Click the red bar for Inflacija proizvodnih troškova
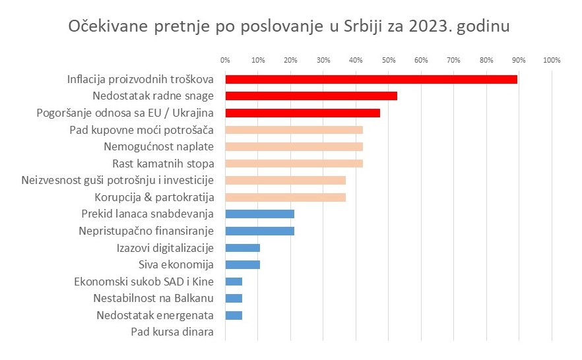(371, 79)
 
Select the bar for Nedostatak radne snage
(311, 96)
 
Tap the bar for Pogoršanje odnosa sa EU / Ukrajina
(302, 113)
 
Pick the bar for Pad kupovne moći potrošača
(294, 130)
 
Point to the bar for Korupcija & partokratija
(285, 197)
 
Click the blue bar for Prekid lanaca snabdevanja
(259, 214)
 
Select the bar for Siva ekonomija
(242, 265)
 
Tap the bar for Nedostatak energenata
(234, 315)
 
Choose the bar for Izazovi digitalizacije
(242, 248)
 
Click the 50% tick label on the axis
(389, 61)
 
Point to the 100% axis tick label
(551, 61)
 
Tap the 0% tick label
(225, 61)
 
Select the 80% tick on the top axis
(486, 61)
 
